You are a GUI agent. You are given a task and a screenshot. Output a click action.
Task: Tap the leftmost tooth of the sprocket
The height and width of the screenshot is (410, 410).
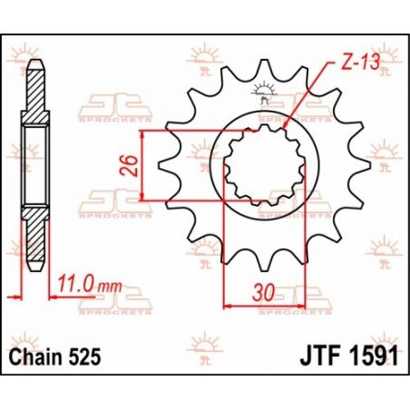164,165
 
